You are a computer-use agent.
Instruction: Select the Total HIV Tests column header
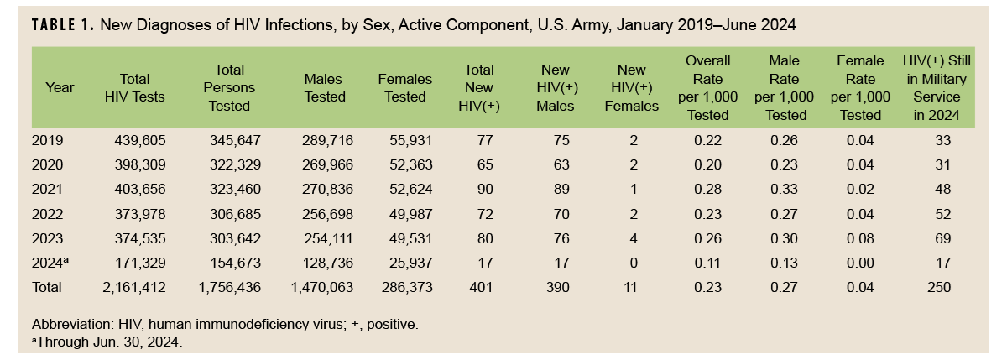pos(134,87)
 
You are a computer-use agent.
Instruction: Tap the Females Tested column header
pos(405,87)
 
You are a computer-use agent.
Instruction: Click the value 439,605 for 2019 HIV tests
pos(140,141)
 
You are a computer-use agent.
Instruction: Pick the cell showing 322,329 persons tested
pos(235,165)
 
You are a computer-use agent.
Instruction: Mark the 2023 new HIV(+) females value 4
pos(633,238)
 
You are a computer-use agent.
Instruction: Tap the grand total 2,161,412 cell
pos(133,287)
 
